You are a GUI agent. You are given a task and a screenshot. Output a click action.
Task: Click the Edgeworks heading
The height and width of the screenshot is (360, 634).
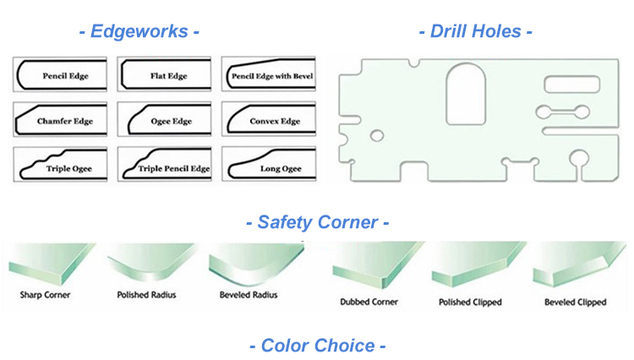tap(139, 32)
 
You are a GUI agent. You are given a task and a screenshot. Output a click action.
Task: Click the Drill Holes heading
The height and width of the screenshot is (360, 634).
tap(476, 32)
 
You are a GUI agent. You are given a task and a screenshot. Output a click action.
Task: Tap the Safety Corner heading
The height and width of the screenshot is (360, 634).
tap(316, 223)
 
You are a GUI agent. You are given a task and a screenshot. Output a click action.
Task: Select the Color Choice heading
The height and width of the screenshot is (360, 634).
tap(316, 345)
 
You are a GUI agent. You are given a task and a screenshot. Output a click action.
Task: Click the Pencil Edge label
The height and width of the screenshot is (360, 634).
tap(64, 76)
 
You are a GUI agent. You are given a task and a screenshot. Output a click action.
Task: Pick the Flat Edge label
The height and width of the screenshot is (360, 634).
tap(167, 76)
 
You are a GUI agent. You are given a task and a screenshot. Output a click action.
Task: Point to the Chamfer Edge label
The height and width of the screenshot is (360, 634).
tap(64, 122)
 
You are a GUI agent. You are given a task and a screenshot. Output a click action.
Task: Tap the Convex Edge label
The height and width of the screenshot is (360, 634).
tap(275, 122)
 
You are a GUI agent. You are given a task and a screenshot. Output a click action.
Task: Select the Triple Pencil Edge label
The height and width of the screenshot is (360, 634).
tap(173, 168)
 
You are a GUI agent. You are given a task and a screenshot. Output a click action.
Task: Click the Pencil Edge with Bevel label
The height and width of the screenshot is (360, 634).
tap(271, 76)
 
